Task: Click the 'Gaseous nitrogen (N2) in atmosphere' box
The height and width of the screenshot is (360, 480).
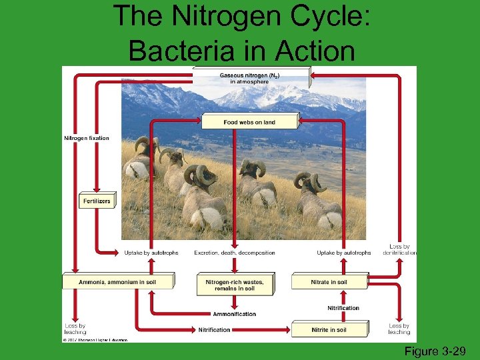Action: point(250,77)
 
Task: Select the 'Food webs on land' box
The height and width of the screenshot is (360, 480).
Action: point(249,122)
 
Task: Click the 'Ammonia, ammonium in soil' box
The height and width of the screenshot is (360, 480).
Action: point(117,282)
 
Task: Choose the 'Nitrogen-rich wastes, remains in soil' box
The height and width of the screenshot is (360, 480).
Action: point(235,285)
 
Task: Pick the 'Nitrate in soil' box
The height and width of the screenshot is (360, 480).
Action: point(329,282)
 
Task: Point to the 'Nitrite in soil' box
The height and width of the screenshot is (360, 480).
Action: point(329,330)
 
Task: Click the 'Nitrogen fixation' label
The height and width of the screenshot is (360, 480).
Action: point(86,138)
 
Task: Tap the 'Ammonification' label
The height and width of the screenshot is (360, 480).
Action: point(234,314)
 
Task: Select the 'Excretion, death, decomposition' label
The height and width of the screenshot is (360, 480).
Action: point(235,253)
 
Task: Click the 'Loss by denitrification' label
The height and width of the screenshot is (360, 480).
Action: point(400,250)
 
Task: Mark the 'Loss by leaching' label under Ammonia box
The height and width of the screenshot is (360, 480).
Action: point(75,329)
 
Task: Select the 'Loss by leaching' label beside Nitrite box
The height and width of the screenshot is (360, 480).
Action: point(399,329)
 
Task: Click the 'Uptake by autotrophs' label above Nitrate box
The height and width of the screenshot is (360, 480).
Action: point(344,253)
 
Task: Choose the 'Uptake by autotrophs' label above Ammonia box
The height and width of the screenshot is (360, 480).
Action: point(151,253)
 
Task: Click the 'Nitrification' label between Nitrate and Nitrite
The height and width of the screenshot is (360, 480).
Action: point(343,308)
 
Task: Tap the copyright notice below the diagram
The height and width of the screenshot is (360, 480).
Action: point(95,339)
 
